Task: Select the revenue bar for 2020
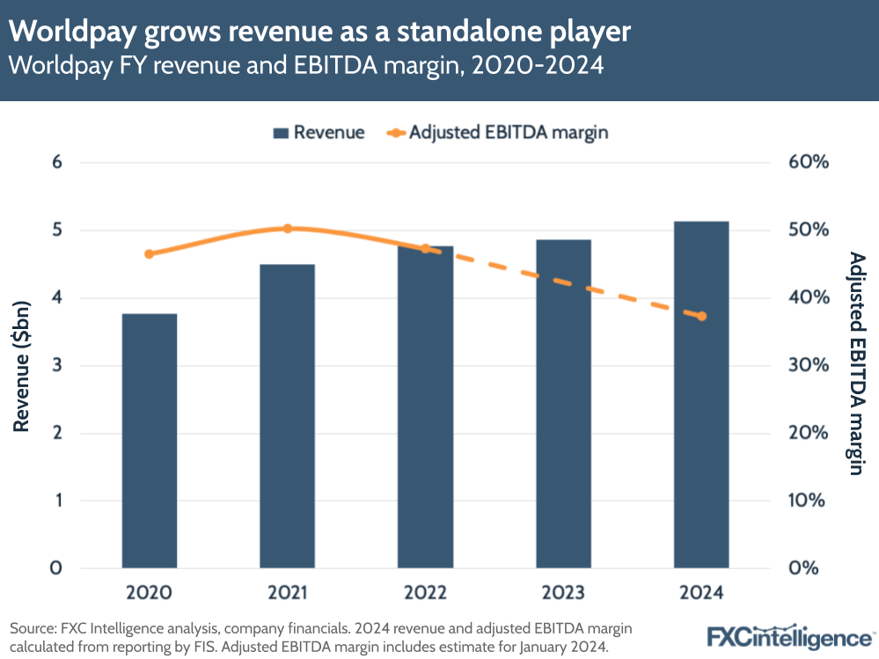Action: coord(150,440)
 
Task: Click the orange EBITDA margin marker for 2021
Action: coord(287,229)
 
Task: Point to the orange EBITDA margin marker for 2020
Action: coord(149,254)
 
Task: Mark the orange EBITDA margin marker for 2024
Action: coord(701,317)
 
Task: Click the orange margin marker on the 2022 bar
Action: coord(426,249)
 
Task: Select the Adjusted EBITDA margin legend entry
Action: coord(498,133)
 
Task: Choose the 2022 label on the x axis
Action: coord(425,593)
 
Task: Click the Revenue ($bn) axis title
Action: coord(22,365)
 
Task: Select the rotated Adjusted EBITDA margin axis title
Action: coord(854,362)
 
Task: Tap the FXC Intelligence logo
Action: coord(789,636)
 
